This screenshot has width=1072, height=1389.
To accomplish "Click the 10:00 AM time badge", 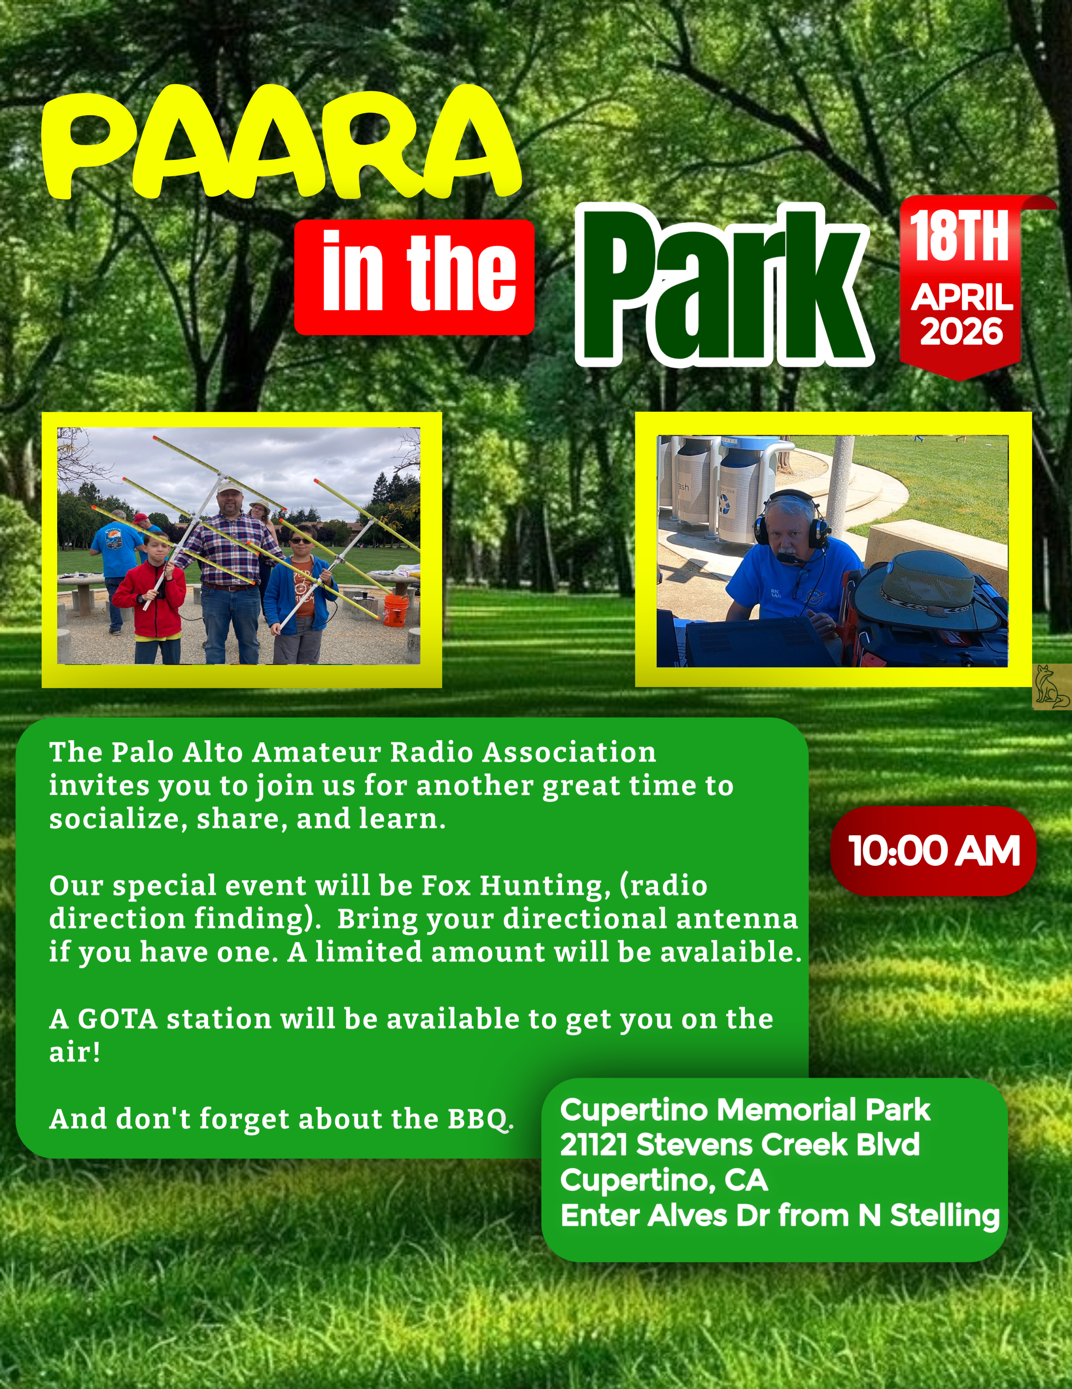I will click(933, 851).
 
